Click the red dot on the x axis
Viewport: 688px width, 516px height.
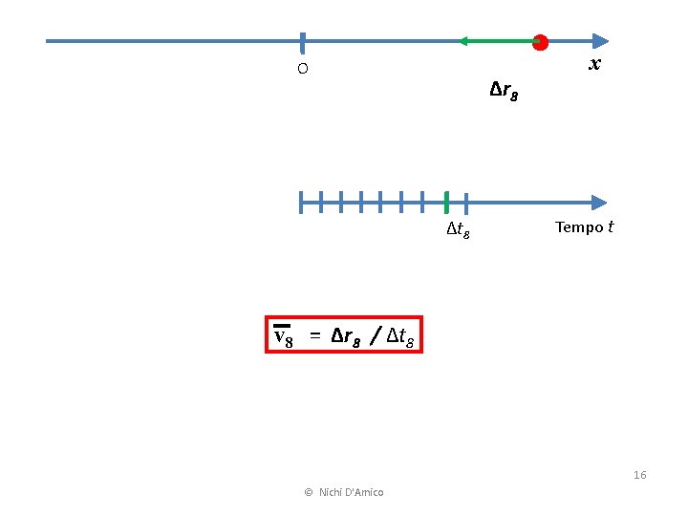pyautogui.click(x=540, y=42)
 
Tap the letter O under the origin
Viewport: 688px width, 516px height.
pyautogui.click(x=302, y=69)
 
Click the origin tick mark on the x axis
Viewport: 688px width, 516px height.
pyautogui.click(x=302, y=42)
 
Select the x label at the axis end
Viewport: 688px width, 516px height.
pyautogui.click(x=594, y=64)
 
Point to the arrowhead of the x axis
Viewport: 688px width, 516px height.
pyautogui.click(x=599, y=41)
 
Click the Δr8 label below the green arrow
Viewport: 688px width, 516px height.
pyautogui.click(x=504, y=92)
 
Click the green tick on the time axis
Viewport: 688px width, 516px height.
pyautogui.click(x=446, y=202)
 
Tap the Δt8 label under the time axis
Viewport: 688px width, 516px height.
pyautogui.click(x=458, y=229)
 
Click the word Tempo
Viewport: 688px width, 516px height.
pyautogui.click(x=578, y=227)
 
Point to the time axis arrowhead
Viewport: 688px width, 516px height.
pyautogui.click(x=598, y=203)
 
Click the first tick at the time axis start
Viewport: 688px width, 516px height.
pyautogui.click(x=301, y=202)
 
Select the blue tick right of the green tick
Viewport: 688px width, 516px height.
pyautogui.click(x=465, y=202)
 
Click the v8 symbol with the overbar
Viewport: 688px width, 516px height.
pyautogui.click(x=283, y=336)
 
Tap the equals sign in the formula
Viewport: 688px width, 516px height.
pyautogui.click(x=312, y=336)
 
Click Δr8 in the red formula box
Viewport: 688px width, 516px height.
pyautogui.click(x=346, y=336)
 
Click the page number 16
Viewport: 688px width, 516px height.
pyautogui.click(x=639, y=475)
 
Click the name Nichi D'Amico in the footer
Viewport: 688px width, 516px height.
pyautogui.click(x=352, y=492)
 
